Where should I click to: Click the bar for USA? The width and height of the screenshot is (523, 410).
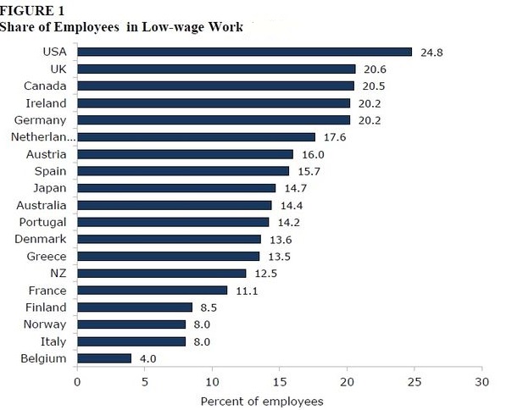(x=244, y=52)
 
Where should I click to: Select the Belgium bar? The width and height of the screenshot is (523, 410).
(x=104, y=358)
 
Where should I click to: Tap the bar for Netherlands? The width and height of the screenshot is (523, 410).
(x=196, y=136)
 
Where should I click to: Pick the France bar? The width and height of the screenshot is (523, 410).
(x=153, y=291)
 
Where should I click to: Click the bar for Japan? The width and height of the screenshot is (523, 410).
(x=176, y=188)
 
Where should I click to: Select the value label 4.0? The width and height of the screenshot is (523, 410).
(x=147, y=358)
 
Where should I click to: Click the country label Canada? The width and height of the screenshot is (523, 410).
(x=45, y=86)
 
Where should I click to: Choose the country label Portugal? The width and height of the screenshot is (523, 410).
(x=42, y=222)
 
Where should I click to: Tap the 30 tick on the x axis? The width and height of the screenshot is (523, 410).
(x=481, y=382)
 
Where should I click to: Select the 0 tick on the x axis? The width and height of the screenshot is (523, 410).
(x=77, y=382)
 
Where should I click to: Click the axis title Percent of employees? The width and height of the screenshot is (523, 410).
(x=262, y=400)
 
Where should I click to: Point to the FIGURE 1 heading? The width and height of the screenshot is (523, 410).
(x=31, y=11)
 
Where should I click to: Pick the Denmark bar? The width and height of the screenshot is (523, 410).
(x=169, y=239)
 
